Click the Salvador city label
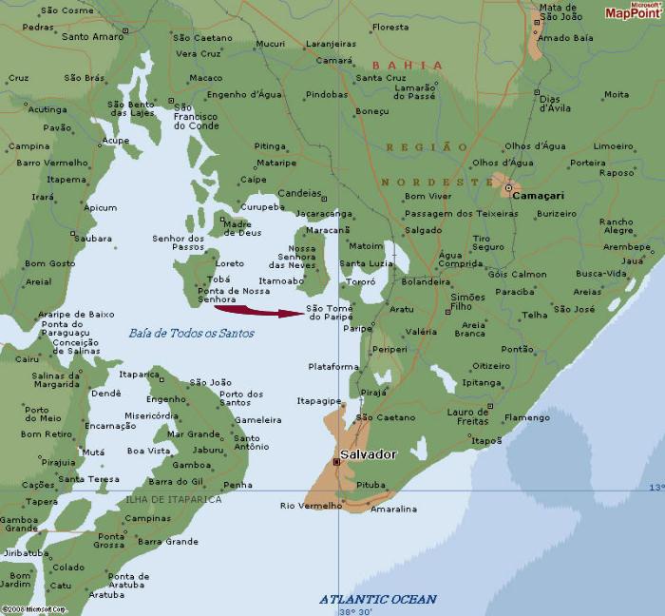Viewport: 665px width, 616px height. click(x=369, y=455)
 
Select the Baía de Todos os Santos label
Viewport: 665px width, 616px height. click(x=191, y=333)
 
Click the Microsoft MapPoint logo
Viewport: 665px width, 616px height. click(x=634, y=10)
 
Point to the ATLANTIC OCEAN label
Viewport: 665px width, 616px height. click(x=377, y=599)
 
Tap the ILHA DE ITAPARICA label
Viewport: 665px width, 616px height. click(x=174, y=499)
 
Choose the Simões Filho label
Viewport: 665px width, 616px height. click(x=467, y=302)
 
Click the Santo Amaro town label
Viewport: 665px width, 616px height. click(x=93, y=37)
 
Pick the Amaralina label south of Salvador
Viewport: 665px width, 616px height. click(x=393, y=510)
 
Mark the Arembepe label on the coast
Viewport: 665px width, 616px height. click(x=627, y=246)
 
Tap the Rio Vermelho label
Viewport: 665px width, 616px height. click(x=311, y=506)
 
